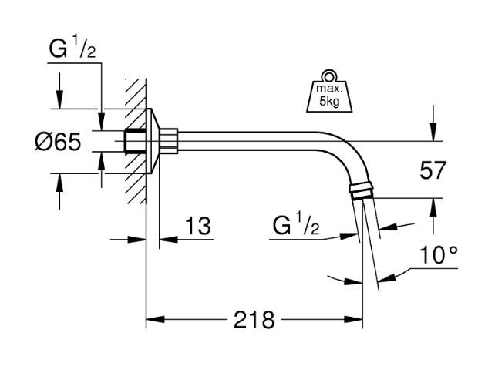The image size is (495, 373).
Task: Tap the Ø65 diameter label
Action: (x=58, y=143)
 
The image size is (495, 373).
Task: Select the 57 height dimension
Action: (x=433, y=170)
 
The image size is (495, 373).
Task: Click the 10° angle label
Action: (x=439, y=256)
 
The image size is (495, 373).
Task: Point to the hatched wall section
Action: (x=136, y=139)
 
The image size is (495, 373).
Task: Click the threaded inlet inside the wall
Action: (x=133, y=142)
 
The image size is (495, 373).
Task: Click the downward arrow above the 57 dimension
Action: (x=433, y=136)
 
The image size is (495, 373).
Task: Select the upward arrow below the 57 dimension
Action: (x=433, y=203)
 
